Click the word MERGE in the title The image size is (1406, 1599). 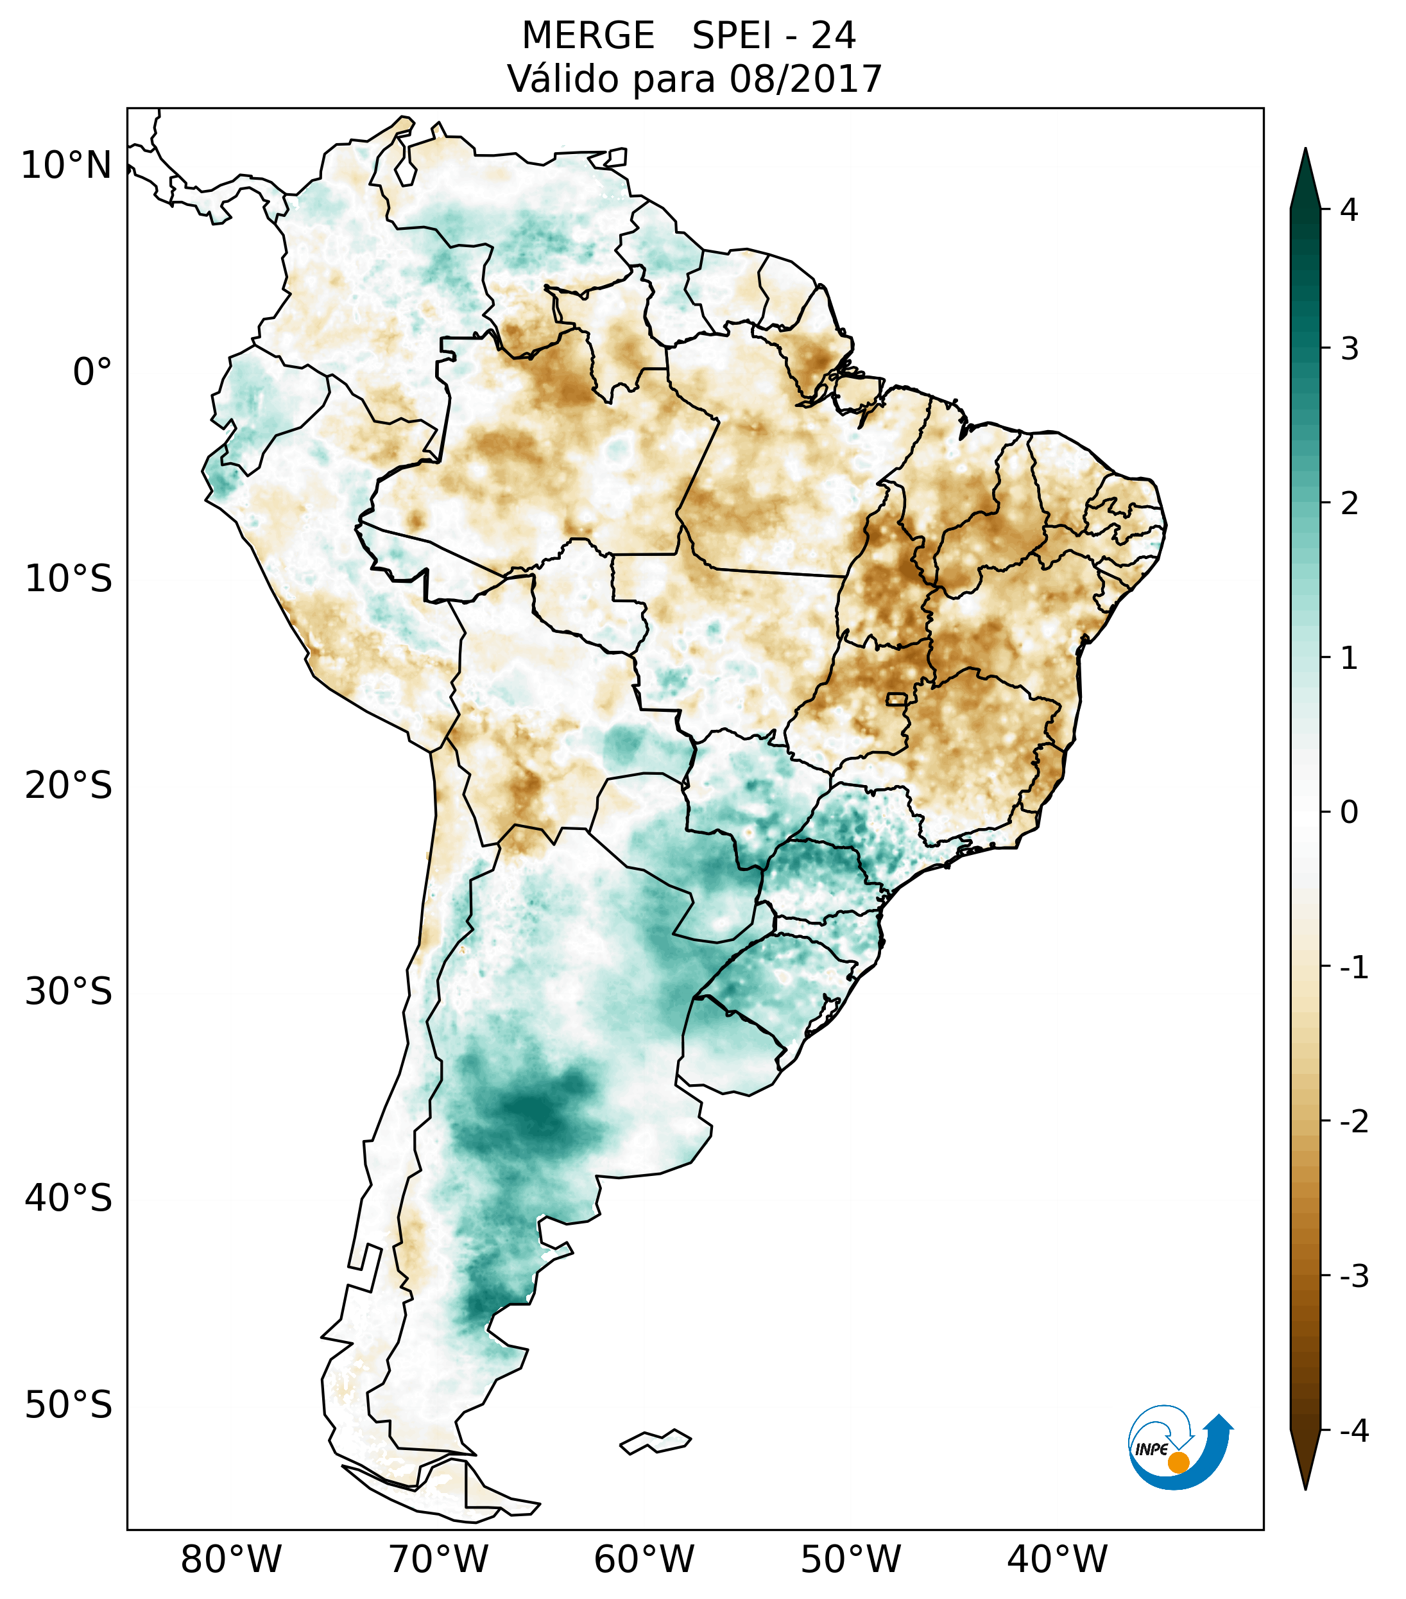tap(587, 36)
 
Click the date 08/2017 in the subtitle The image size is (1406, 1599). tap(805, 79)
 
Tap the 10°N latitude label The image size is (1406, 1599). tap(65, 166)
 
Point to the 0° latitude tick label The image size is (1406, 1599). tap(92, 372)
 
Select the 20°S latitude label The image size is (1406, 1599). tap(69, 786)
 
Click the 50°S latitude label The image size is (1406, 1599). tap(69, 1406)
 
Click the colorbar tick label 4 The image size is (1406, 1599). tap(1349, 210)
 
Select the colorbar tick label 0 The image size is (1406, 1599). tap(1349, 813)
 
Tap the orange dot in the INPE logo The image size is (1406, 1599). tap(1178, 1462)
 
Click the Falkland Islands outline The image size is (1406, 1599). tap(655, 1441)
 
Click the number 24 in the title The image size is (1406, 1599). tap(833, 36)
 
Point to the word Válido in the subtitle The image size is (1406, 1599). tap(562, 79)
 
